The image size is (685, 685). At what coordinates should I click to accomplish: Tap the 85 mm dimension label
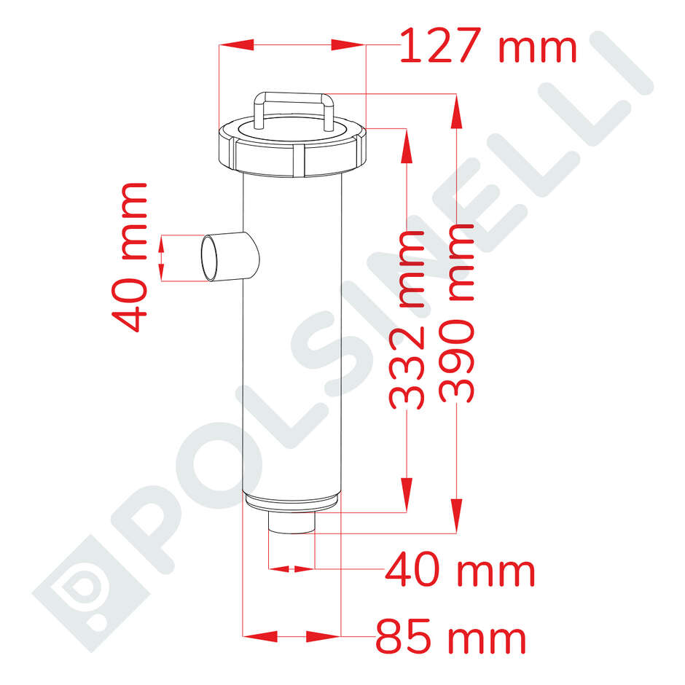(450, 639)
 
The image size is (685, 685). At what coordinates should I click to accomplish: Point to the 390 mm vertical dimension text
(458, 313)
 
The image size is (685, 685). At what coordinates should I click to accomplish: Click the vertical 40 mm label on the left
(130, 257)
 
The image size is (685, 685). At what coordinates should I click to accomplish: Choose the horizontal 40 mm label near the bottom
(460, 571)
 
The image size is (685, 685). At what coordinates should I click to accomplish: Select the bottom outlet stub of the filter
(291, 524)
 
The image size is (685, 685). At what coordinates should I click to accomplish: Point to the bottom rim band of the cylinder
(291, 501)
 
